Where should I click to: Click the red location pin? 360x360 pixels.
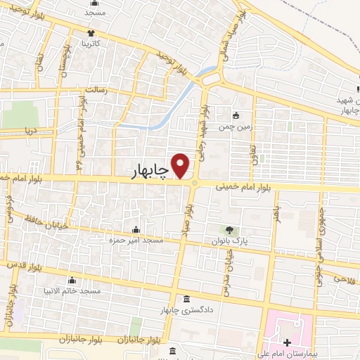181,166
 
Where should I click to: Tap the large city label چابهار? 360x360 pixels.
151,172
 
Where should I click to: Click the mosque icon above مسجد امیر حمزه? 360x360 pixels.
135,230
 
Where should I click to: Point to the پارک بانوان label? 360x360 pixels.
229,240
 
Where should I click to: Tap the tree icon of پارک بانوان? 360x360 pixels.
229,229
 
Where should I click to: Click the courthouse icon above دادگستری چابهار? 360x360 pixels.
186,299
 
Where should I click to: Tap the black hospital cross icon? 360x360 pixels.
287,342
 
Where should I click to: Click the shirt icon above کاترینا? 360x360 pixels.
91,32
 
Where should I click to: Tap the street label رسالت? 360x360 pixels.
95,91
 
